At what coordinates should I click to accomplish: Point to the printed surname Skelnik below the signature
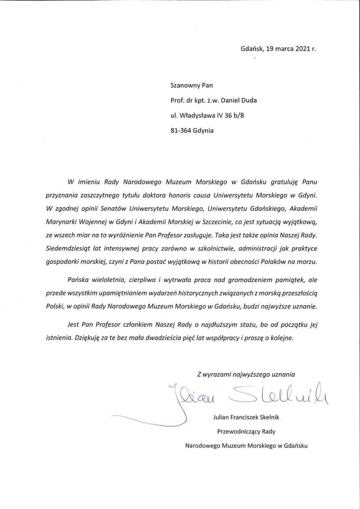[273, 420]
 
